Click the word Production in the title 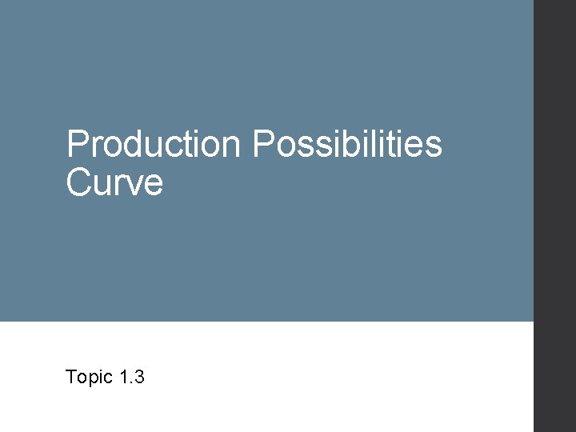tap(153, 145)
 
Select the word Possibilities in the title tap(346, 145)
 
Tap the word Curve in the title tap(114, 182)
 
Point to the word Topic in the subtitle tap(88, 377)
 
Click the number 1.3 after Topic tap(130, 377)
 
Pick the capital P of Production tap(78, 145)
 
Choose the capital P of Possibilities tap(263, 145)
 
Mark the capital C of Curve tap(79, 182)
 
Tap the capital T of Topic tap(72, 377)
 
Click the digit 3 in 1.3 tap(138, 377)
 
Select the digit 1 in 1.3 tap(122, 377)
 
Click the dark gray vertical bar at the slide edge tap(554, 216)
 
